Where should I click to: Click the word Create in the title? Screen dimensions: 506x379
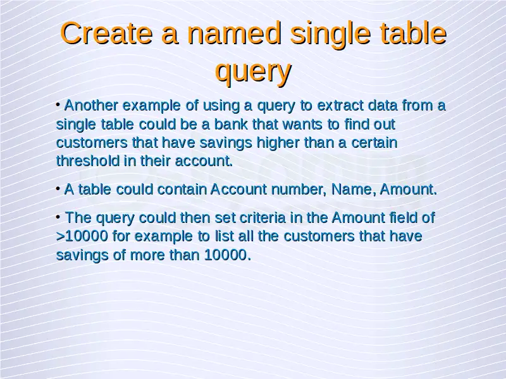[106, 33]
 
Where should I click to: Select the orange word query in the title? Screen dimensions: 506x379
[254, 71]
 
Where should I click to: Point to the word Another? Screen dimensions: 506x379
[91, 105]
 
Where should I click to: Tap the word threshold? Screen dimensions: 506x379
[87, 161]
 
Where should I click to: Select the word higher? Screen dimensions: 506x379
[278, 143]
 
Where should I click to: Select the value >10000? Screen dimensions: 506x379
[82, 236]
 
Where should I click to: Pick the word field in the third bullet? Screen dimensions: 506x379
[403, 218]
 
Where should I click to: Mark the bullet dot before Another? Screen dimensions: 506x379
[58, 104]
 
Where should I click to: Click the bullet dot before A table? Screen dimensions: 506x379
[58, 188]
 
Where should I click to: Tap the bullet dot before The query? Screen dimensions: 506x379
[58, 217]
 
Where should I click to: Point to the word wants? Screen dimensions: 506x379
[303, 124]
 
